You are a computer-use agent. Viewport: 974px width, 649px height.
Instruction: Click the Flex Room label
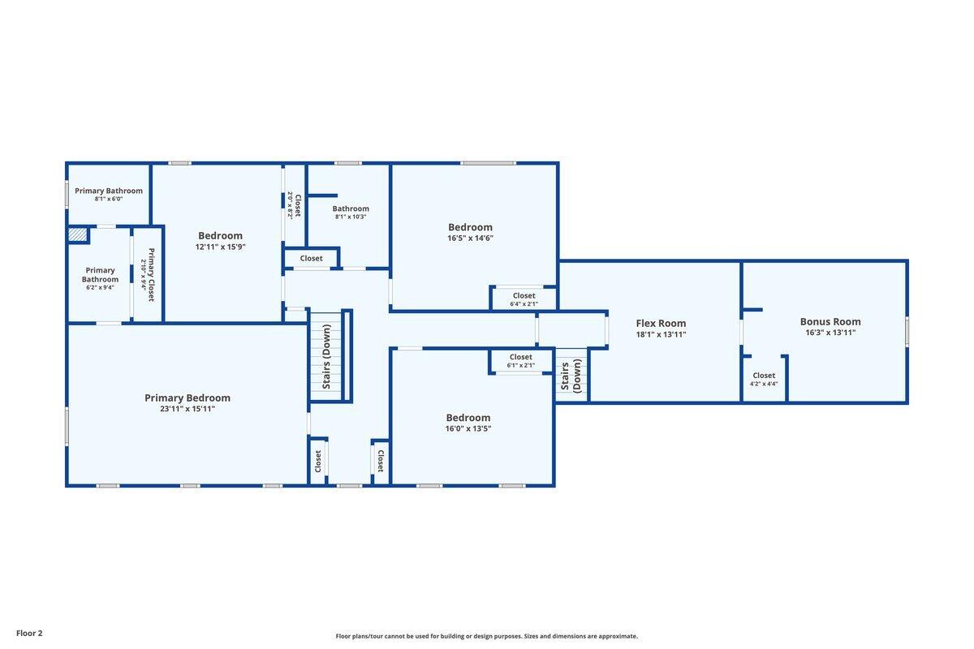coord(661,324)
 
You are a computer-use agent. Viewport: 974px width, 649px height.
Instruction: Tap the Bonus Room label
coord(830,322)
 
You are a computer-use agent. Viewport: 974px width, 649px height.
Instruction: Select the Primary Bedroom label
coord(187,398)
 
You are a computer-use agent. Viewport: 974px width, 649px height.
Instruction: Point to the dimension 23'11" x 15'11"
coord(187,409)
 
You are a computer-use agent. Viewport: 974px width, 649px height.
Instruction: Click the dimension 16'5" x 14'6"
coord(470,238)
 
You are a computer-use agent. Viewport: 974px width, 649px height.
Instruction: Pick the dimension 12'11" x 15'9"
coord(221,247)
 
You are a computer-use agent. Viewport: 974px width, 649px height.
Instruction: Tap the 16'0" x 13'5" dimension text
coord(468,428)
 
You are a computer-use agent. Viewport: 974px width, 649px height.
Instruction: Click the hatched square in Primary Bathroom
coord(78,234)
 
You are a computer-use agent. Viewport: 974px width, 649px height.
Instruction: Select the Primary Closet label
coord(151,275)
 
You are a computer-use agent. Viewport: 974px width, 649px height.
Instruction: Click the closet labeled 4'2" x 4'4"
coord(764,379)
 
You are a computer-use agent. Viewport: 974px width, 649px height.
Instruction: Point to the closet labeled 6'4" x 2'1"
coord(524,299)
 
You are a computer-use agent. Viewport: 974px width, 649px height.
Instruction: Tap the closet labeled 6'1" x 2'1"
coord(520,360)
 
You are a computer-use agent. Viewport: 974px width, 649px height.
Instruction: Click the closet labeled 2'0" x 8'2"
coord(295,205)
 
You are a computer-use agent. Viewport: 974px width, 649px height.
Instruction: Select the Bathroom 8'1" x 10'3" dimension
coord(351,217)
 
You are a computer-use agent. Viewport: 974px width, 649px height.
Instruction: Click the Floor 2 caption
coord(29,633)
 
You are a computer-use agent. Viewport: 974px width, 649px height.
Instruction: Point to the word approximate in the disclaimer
coord(618,636)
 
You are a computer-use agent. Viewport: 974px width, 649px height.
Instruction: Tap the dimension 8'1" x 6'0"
coord(109,199)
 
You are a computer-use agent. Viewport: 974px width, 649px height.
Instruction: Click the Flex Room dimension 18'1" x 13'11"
coord(661,334)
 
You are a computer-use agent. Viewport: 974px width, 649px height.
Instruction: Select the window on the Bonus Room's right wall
coord(907,331)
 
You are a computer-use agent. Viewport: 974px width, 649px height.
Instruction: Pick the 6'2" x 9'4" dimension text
coord(100,287)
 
